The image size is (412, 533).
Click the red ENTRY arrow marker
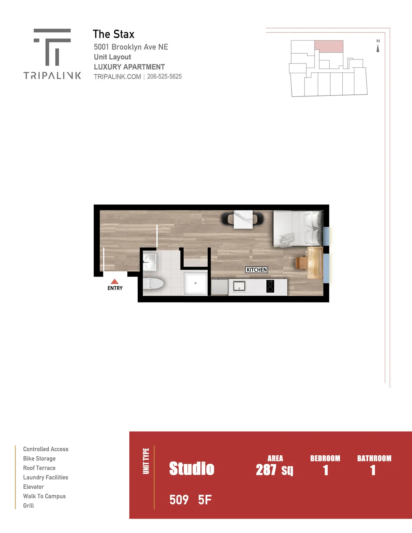114,281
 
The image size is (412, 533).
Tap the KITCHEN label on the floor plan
256,270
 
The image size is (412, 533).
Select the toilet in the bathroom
153,284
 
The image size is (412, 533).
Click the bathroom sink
149,262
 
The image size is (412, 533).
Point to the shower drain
195,283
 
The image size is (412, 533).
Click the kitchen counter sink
239,286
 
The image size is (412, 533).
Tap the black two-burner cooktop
270,286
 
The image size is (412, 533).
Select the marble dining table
243,219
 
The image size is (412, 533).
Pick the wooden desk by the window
315,263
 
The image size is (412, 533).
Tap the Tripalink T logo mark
52,47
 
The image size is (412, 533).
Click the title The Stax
114,34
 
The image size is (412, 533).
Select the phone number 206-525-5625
164,77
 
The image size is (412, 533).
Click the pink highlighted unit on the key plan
329,46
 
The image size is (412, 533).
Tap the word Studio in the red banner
192,468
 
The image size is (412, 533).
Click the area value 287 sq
275,470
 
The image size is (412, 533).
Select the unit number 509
179,500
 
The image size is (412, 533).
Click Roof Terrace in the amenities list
39,468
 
